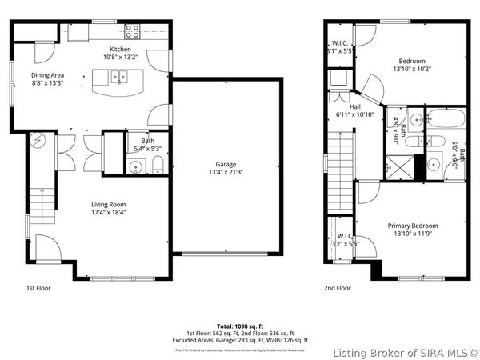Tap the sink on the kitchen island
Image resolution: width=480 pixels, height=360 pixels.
coord(118,78)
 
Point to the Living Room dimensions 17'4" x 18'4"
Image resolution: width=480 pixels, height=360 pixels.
coord(108,214)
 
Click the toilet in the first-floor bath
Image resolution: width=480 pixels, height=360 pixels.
coord(158,166)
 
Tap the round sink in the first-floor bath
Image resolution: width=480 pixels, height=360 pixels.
coord(136,167)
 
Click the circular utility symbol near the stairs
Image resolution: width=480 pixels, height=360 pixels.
coord(37,142)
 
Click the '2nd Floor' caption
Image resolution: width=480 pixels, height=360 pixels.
coord(337,287)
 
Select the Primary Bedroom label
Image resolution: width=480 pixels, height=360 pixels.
coord(412,226)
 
